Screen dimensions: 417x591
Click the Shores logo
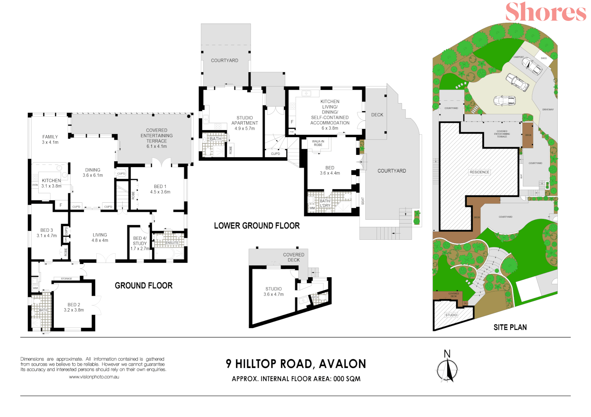[545, 12]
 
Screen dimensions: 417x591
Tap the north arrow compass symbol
[447, 369]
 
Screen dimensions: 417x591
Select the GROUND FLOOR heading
[143, 286]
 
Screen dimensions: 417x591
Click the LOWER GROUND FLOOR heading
[257, 226]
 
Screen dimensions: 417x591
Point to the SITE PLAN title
[510, 327]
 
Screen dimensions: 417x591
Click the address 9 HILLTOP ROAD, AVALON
[296, 364]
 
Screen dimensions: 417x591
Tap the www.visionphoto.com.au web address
[94, 377]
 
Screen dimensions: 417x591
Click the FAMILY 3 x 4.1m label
[50, 139]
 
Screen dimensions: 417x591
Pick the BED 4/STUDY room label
[140, 243]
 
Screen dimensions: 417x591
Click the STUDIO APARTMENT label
[245, 123]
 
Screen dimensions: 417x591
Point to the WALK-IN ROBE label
[318, 143]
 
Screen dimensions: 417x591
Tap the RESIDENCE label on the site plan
[479, 172]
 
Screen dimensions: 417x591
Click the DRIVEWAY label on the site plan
[548, 110]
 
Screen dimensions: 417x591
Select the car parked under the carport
[532, 66]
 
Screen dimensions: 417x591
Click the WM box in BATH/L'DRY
[312, 208]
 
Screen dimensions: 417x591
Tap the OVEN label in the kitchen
[35, 185]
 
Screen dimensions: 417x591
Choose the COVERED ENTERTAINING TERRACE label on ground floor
[157, 138]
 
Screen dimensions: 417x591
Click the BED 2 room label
[73, 307]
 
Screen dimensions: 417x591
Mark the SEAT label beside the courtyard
[363, 201]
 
